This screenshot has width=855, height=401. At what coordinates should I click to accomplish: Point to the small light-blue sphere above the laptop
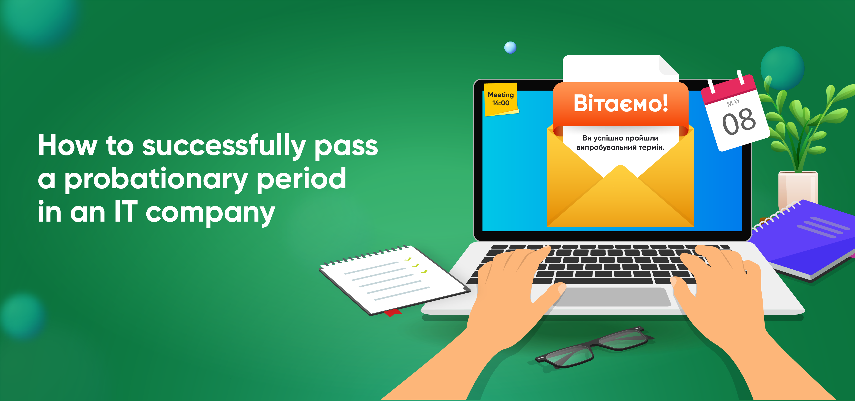[510, 48]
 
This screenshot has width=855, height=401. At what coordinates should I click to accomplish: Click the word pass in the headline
[346, 147]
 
